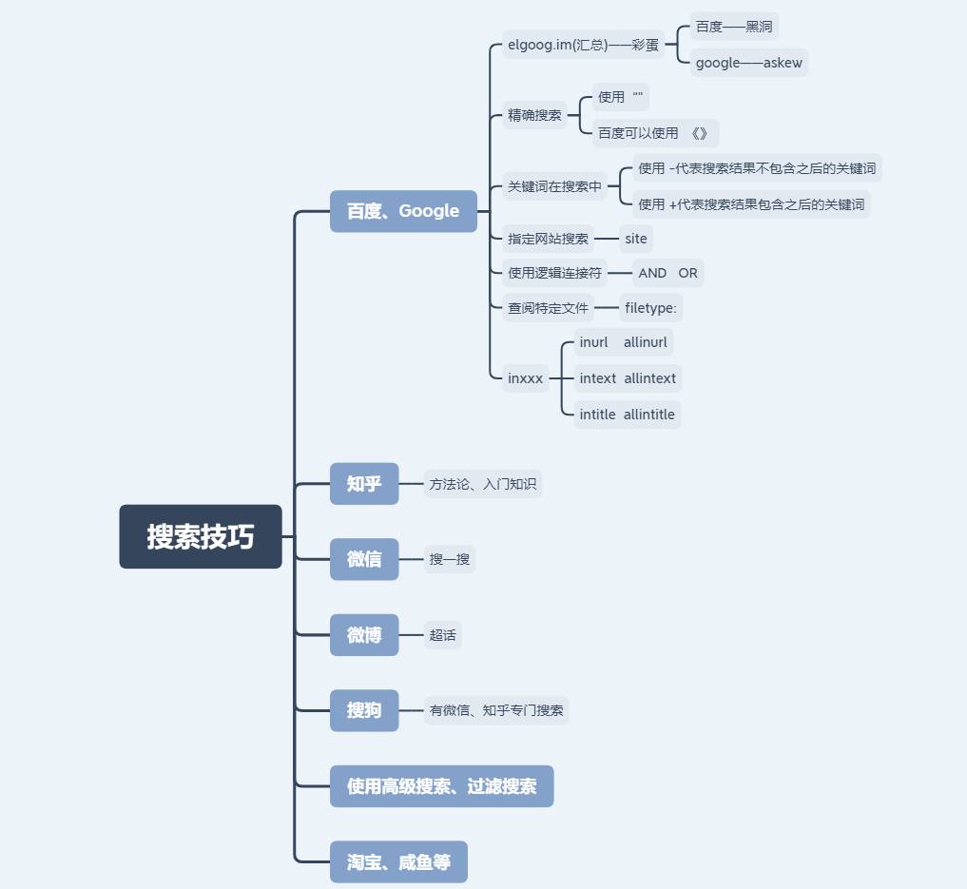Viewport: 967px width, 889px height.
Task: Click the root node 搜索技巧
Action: tap(201, 536)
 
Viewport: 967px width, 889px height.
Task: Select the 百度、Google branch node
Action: tap(403, 211)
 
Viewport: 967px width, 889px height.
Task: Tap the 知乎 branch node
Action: tap(364, 484)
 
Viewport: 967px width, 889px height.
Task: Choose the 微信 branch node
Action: tap(364, 559)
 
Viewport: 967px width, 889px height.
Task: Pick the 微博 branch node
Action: tap(364, 635)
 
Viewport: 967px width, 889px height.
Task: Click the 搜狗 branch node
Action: tap(364, 710)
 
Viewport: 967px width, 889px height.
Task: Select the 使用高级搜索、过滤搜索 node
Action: tap(441, 786)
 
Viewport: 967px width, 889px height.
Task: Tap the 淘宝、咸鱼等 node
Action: tap(398, 862)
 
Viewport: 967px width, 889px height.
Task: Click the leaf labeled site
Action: tap(636, 239)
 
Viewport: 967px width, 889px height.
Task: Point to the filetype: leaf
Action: tap(650, 308)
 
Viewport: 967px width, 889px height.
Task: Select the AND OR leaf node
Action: tap(667, 273)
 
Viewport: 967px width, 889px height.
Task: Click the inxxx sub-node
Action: tap(526, 378)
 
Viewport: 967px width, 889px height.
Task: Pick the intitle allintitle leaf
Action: tap(628, 415)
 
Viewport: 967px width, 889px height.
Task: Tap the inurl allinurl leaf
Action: tap(624, 342)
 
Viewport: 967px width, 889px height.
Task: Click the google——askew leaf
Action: tap(749, 63)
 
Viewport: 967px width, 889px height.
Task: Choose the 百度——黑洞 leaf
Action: tap(734, 27)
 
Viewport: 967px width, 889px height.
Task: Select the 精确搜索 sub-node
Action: tap(534, 115)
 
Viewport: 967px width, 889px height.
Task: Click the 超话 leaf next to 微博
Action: tap(443, 635)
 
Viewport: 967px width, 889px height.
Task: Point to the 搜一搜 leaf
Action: tap(450, 559)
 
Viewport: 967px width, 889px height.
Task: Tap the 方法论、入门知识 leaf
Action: tap(483, 484)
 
